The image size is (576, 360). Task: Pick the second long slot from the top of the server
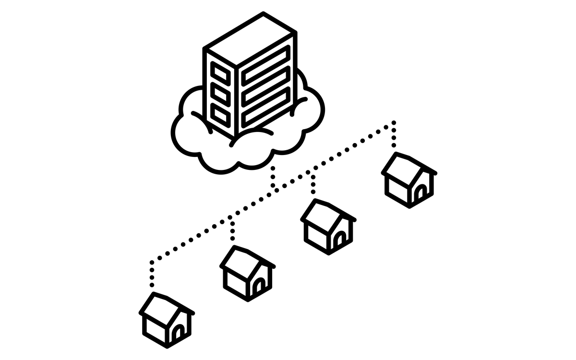tap(266, 82)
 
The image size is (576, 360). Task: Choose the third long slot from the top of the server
tap(266, 102)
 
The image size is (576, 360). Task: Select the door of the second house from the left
tap(258, 287)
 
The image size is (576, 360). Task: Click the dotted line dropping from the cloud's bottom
tap(273, 177)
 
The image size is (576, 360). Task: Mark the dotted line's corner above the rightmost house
tap(394, 123)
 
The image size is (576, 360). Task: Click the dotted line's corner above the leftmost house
tap(152, 263)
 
